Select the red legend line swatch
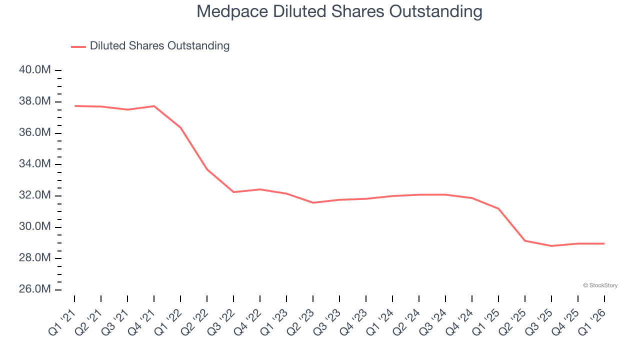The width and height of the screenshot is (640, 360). (x=78, y=46)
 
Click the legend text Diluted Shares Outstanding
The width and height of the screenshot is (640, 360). (x=159, y=46)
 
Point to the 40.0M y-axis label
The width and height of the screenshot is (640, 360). (x=35, y=70)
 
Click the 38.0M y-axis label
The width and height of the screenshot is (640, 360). (x=35, y=101)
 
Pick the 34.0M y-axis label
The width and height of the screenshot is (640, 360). (x=35, y=164)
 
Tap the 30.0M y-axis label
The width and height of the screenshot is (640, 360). (x=35, y=227)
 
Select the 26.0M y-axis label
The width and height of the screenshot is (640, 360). (x=35, y=289)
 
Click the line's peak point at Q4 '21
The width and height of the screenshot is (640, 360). (x=154, y=106)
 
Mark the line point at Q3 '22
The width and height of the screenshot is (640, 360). (x=233, y=192)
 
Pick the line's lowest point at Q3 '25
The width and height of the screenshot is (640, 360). (x=551, y=246)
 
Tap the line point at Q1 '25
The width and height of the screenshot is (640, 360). (x=498, y=208)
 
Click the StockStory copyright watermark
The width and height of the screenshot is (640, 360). (x=600, y=285)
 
